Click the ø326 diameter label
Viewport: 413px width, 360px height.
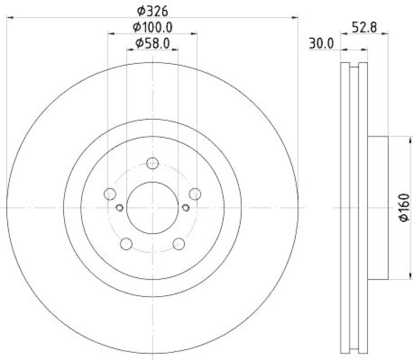152,10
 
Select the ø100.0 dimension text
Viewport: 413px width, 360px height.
152,26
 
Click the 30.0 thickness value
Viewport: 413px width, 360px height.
321,44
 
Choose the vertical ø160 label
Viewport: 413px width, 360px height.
404,207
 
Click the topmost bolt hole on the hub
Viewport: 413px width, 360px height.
152,163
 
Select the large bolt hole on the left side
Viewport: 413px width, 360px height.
109,194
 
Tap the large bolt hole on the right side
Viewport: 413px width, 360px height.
195,194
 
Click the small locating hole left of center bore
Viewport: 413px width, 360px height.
119,207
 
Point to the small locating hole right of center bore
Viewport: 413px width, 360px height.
185,207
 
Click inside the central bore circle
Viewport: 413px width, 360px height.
152,207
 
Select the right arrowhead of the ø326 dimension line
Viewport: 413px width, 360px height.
296,18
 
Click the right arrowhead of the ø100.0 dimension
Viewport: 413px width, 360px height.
194,34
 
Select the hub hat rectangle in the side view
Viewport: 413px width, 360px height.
377,207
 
